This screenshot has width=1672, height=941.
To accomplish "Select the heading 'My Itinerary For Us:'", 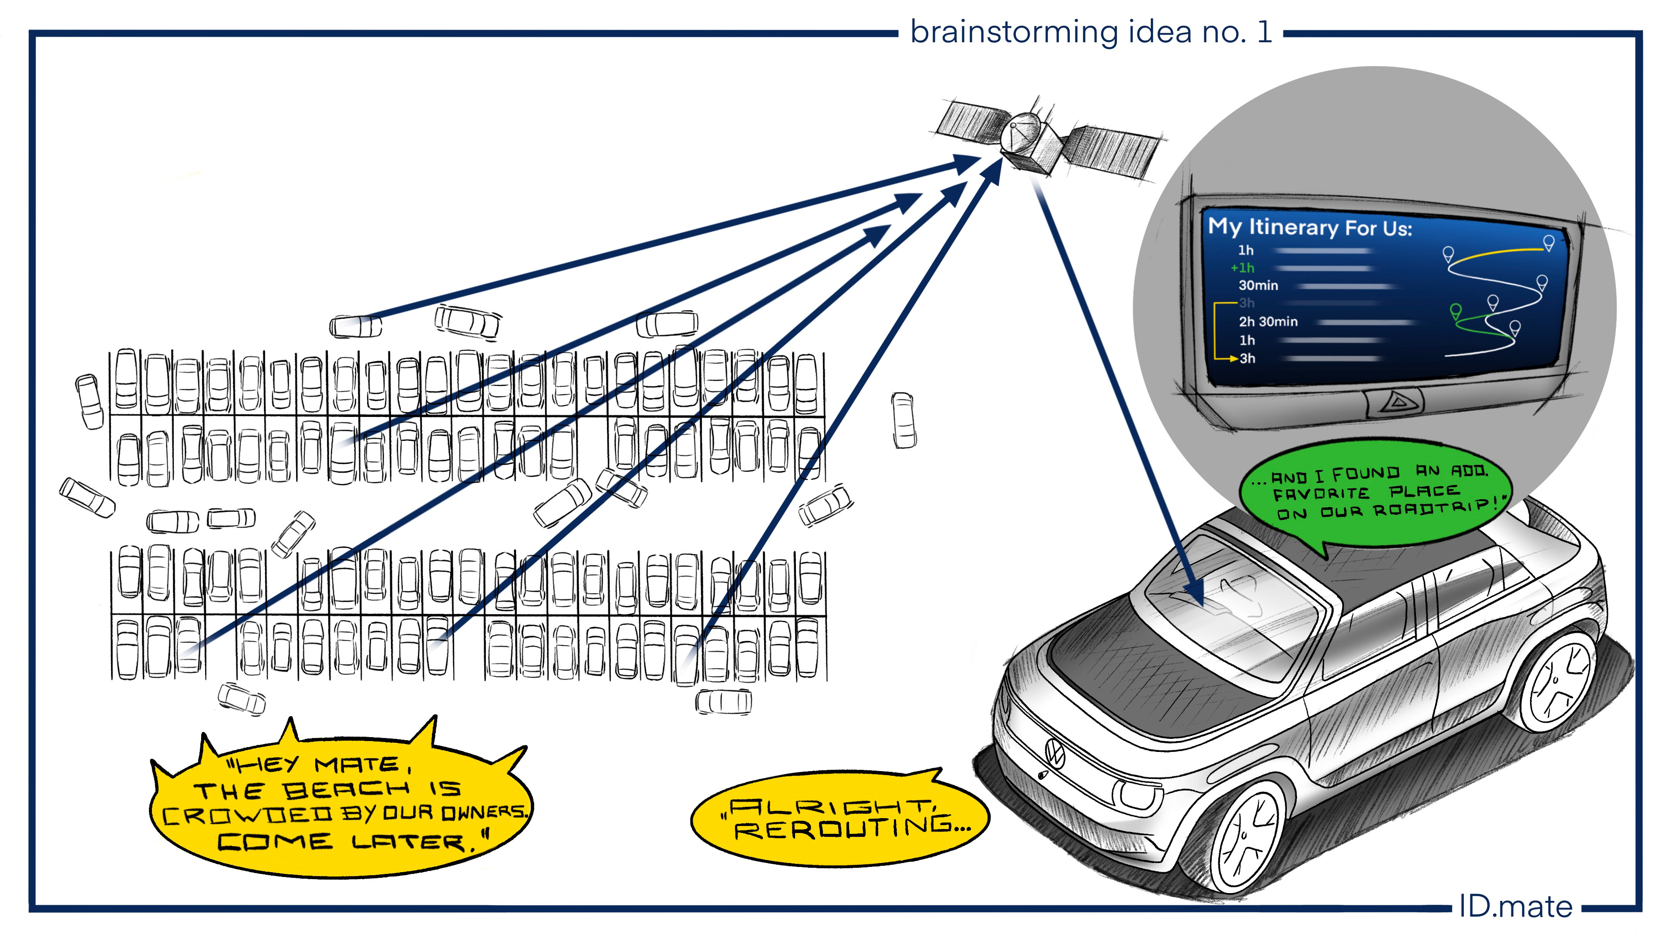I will click(1309, 227).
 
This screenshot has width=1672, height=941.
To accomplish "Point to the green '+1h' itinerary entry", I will click(1242, 267).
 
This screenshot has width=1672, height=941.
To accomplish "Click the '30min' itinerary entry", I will click(1258, 285).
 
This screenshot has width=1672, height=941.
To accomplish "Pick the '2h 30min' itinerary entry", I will click(1267, 322).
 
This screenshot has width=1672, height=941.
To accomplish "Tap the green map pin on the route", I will click(1456, 311).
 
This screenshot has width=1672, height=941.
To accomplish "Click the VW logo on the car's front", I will click(1055, 753).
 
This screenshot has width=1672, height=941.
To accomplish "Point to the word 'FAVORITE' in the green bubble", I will click(1321, 494).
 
